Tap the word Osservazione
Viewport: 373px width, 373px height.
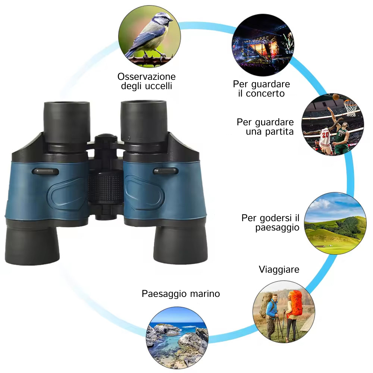147,76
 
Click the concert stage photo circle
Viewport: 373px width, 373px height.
263,45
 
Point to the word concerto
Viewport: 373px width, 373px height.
265,94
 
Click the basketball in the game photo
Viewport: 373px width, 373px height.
336,97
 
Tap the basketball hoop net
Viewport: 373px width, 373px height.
350,108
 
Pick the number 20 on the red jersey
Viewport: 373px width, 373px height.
325,135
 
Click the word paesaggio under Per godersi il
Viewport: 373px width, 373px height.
277,228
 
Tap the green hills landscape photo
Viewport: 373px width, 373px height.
335,223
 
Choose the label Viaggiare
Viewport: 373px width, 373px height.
279,270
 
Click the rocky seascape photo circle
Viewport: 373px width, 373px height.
177,338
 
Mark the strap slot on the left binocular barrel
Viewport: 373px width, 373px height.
45,172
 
